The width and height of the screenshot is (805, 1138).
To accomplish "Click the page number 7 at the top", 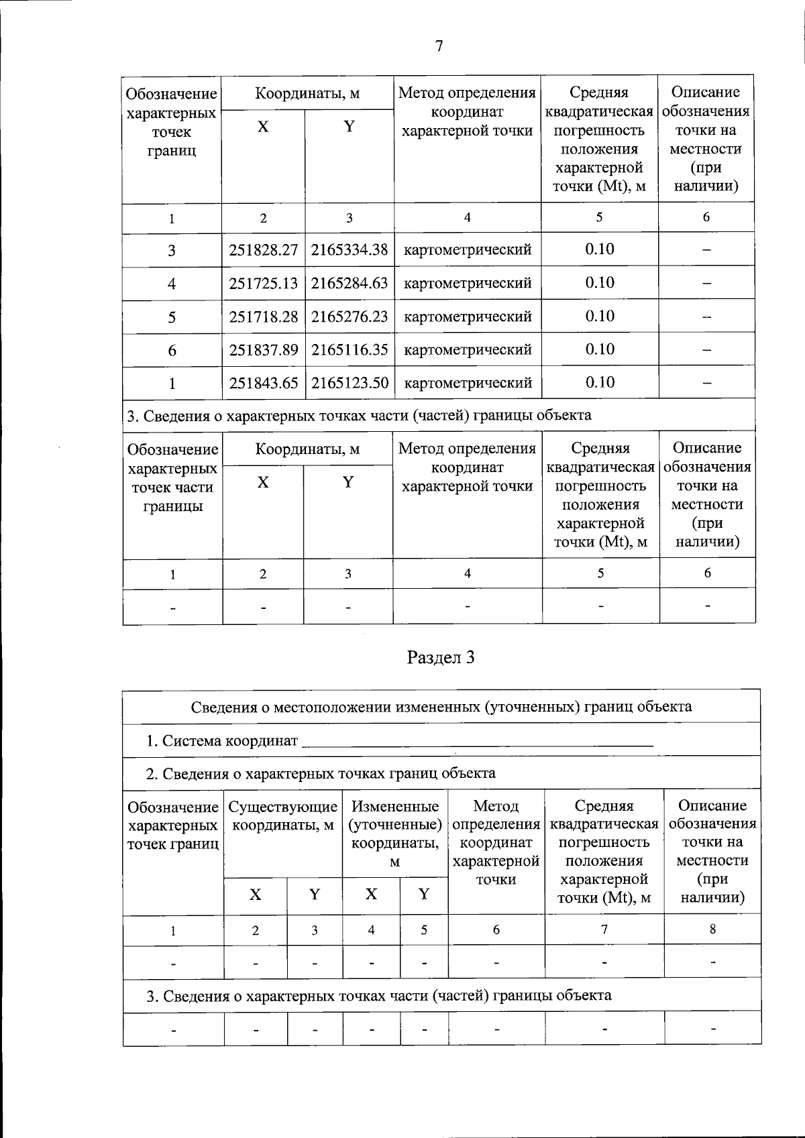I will pyautogui.click(x=439, y=46).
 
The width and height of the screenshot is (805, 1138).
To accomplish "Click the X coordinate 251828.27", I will pyautogui.click(x=263, y=250).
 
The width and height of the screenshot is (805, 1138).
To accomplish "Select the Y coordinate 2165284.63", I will pyautogui.click(x=350, y=284).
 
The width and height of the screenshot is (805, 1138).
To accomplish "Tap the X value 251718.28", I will pyautogui.click(x=263, y=317).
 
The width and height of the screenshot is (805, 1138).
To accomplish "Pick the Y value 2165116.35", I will pyautogui.click(x=350, y=349).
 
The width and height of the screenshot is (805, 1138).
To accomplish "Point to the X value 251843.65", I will pyautogui.click(x=263, y=383).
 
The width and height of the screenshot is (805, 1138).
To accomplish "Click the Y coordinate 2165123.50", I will pyautogui.click(x=350, y=383).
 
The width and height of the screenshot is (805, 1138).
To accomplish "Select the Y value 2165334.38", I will pyautogui.click(x=350, y=250).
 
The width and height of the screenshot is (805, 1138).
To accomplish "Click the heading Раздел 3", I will pyautogui.click(x=441, y=658).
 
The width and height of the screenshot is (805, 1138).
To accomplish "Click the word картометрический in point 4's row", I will pyautogui.click(x=468, y=284).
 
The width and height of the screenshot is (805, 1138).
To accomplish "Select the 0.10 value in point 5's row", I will pyautogui.click(x=600, y=316).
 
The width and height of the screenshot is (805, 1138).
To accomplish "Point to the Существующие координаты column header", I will pyautogui.click(x=282, y=815).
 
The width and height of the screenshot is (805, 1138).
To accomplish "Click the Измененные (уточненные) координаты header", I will pyautogui.click(x=395, y=834).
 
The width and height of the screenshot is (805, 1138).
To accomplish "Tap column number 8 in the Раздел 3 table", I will pyautogui.click(x=712, y=929).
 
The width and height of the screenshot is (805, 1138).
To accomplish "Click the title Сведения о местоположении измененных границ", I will pyautogui.click(x=441, y=707).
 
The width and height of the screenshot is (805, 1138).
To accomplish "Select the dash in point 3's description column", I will pyautogui.click(x=706, y=250).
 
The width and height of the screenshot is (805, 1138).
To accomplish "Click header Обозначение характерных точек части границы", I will pyautogui.click(x=172, y=477).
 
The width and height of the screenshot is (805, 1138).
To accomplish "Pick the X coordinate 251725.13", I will pyautogui.click(x=263, y=284).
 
